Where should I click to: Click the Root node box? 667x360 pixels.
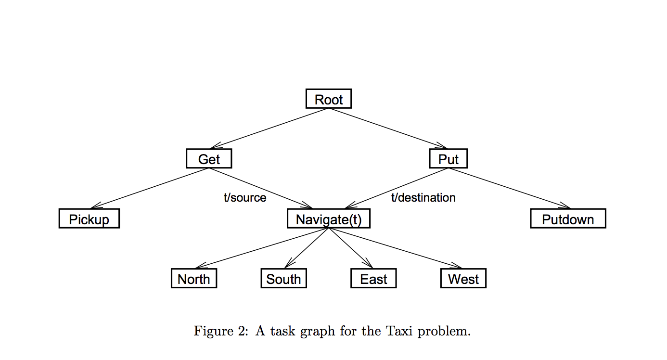tap(329, 99)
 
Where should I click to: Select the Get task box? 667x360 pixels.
tap(209, 159)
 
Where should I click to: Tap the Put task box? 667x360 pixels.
tap(448, 159)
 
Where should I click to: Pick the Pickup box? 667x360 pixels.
tap(89, 219)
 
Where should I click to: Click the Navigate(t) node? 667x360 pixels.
tap(329, 219)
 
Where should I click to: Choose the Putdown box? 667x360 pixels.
tap(568, 219)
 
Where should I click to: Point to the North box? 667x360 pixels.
tap(194, 279)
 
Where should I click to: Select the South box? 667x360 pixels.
tap(283, 279)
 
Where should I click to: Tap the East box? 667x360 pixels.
tap(373, 279)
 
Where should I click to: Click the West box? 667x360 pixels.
tap(463, 279)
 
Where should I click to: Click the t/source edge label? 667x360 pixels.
tap(245, 197)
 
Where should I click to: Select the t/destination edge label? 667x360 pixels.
tap(423, 197)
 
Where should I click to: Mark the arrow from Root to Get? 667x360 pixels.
tap(269, 128)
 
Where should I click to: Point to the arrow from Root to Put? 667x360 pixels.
tap(388, 128)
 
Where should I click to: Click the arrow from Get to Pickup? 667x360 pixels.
tap(149, 188)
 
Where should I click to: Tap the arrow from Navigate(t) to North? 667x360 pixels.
tap(262, 248)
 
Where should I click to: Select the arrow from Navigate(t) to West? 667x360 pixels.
tap(396, 248)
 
